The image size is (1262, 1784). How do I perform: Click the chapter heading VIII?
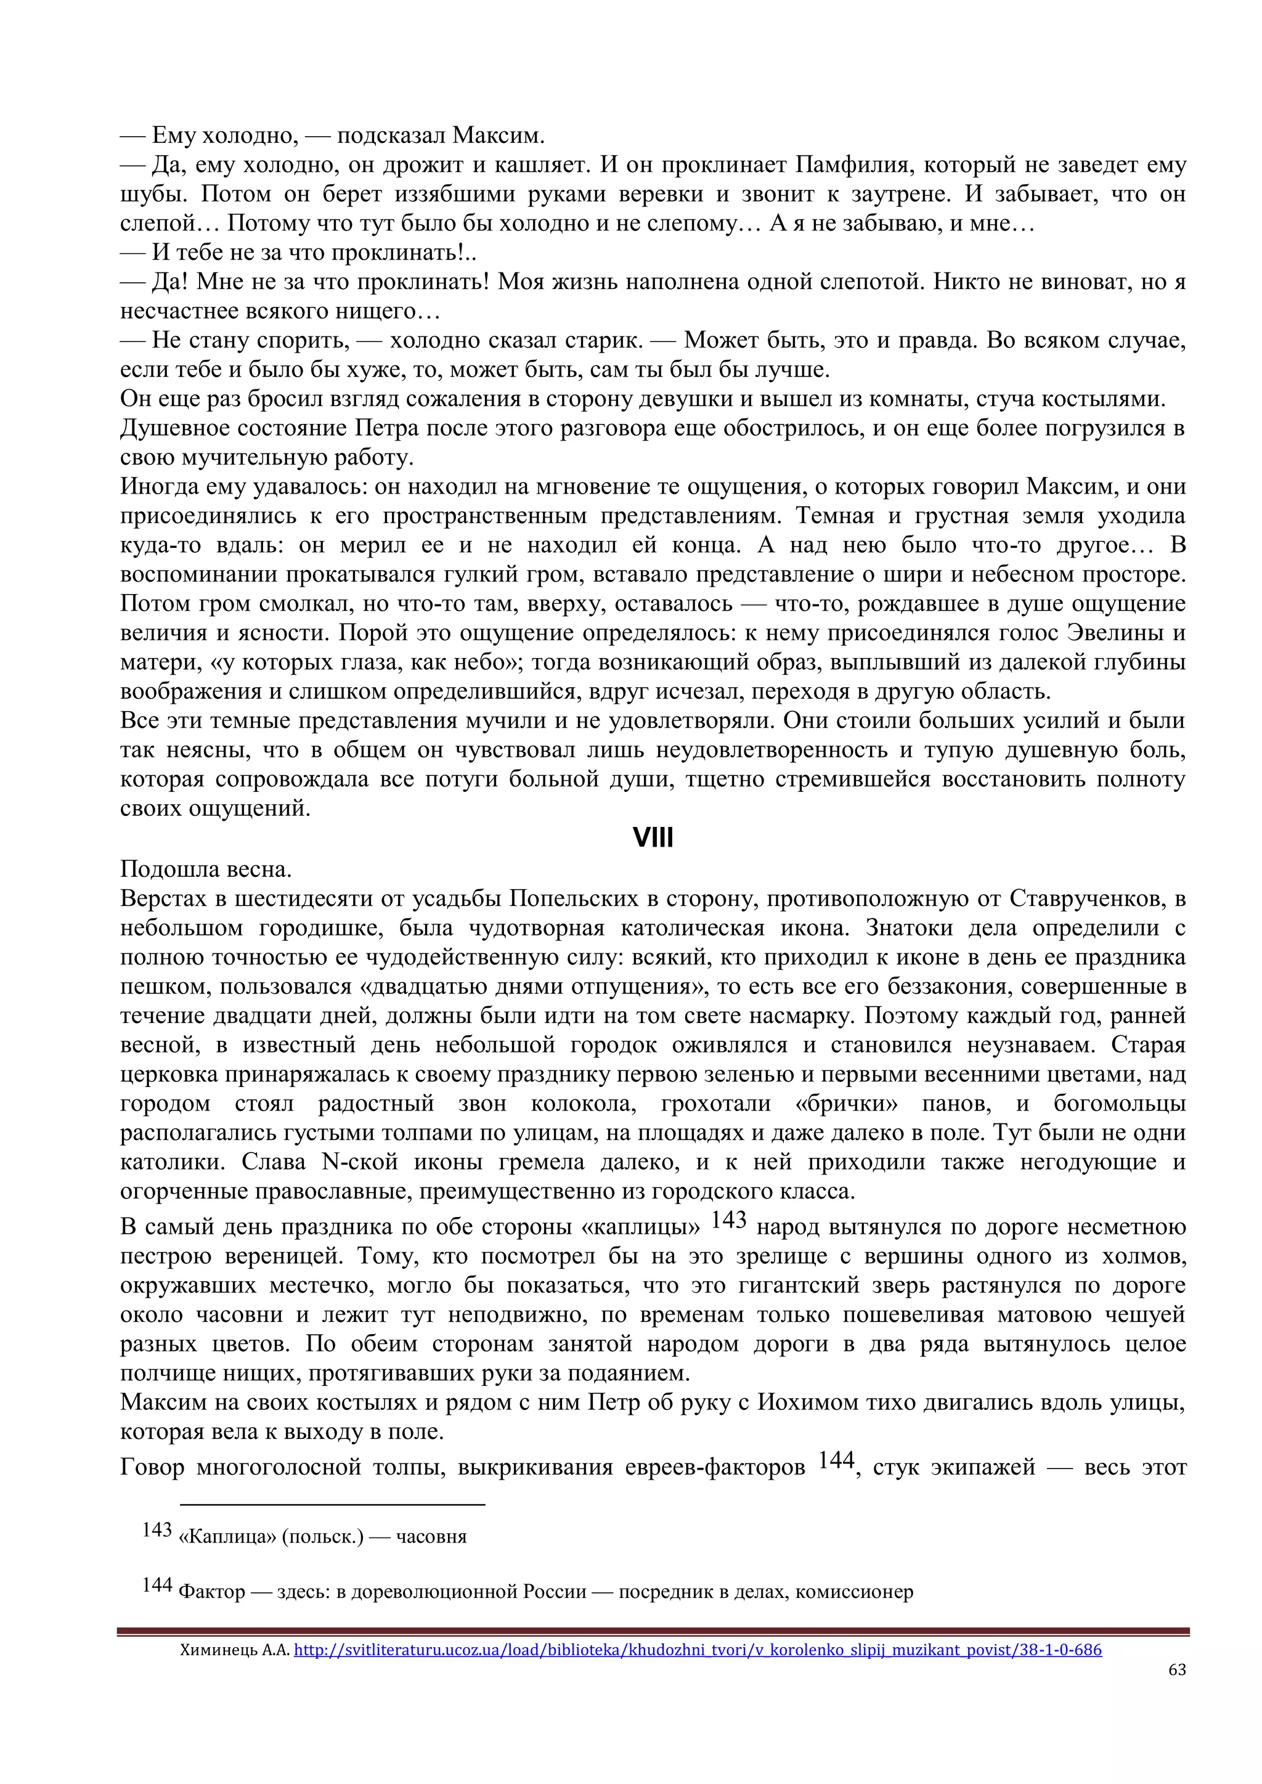[653, 838]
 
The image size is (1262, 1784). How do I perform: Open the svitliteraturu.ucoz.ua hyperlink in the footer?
[697, 1649]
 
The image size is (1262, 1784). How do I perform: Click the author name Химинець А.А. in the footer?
[235, 1649]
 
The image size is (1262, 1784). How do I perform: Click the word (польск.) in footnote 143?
[322, 1536]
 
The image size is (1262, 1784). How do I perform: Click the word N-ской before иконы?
[359, 1162]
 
